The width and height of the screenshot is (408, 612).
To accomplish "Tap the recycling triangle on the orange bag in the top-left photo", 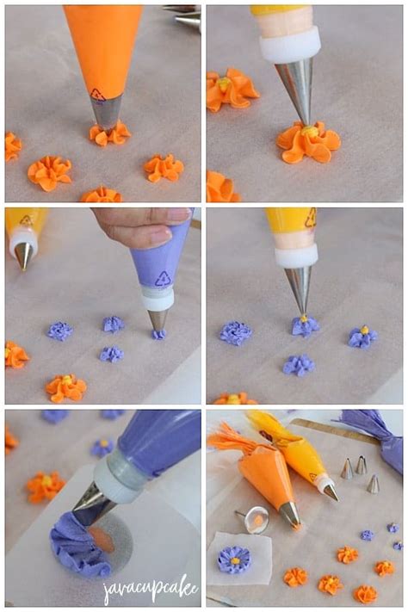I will pyautogui.click(x=97, y=95).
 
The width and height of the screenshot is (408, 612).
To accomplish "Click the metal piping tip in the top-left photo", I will pyautogui.click(x=106, y=112).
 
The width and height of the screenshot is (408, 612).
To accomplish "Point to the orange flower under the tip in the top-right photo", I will pyautogui.click(x=308, y=141).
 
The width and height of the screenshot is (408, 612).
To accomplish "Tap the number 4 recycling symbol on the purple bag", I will pyautogui.click(x=163, y=278).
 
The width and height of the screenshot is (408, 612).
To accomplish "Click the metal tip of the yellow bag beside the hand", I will pyautogui.click(x=23, y=256).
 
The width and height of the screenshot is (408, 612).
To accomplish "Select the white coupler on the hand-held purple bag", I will pyautogui.click(x=158, y=299).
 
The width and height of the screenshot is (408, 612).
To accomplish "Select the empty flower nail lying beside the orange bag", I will pyautogui.click(x=254, y=519).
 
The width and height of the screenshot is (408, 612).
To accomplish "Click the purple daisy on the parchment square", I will pyautogui.click(x=233, y=559).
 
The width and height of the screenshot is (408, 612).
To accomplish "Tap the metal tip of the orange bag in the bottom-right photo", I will pyautogui.click(x=289, y=514).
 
